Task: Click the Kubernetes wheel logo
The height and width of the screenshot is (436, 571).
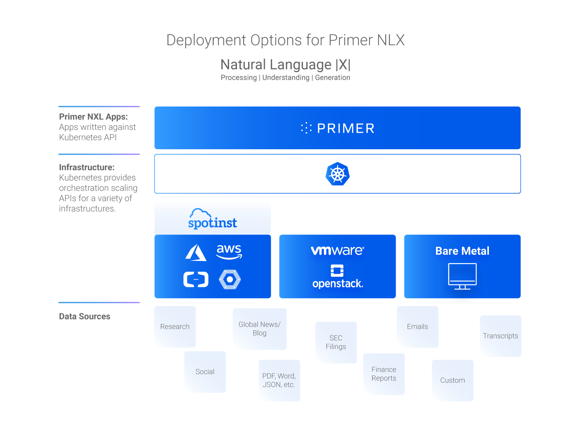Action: pyautogui.click(x=337, y=174)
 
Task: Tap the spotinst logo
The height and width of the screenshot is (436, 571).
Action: pyautogui.click(x=212, y=219)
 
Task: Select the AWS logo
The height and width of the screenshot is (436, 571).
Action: pyautogui.click(x=229, y=252)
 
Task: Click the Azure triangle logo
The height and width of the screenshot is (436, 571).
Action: pyautogui.click(x=196, y=253)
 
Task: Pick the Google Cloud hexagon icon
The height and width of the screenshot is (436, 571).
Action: pyautogui.click(x=230, y=279)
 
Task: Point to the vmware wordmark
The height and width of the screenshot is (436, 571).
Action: pyautogui.click(x=337, y=250)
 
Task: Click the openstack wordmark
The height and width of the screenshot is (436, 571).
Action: pyautogui.click(x=337, y=284)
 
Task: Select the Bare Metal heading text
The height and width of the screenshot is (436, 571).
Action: pyautogui.click(x=462, y=251)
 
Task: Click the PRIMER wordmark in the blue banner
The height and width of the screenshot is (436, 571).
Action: pyautogui.click(x=345, y=128)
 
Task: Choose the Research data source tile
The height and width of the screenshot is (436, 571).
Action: pyautogui.click(x=175, y=327)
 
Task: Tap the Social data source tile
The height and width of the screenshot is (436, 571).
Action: pyautogui.click(x=205, y=372)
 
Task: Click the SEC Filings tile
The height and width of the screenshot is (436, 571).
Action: pyautogui.click(x=336, y=342)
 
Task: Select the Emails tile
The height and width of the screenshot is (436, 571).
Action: pyautogui.click(x=417, y=327)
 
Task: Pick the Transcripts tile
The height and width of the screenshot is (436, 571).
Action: pyautogui.click(x=500, y=336)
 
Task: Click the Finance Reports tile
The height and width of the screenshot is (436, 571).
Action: pyautogui.click(x=384, y=374)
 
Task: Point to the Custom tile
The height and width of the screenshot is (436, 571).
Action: pyautogui.click(x=452, y=380)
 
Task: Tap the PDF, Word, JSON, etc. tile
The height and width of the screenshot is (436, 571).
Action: pyautogui.click(x=279, y=380)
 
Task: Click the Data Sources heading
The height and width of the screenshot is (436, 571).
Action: pyautogui.click(x=85, y=316)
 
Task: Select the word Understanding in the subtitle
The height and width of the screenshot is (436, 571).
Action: pyautogui.click(x=286, y=78)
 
